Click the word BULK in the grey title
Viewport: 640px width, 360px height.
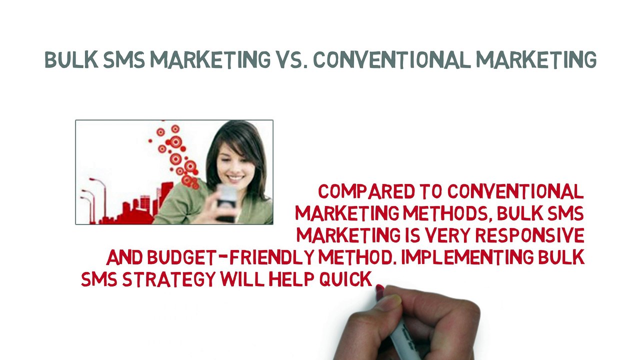point(71,59)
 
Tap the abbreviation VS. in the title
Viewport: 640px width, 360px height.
point(291,59)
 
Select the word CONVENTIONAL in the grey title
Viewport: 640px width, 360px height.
point(392,59)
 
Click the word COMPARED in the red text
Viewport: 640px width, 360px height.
point(366,191)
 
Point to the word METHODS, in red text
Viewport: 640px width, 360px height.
point(448,213)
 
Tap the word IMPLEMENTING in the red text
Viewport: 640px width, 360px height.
point(467,257)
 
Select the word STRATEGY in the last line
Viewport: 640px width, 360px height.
point(168,279)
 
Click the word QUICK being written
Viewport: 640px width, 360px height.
point(345,279)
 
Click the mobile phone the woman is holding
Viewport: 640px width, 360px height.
point(227,202)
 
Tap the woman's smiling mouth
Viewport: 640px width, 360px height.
point(236,178)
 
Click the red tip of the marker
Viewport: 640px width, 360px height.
point(379,289)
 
